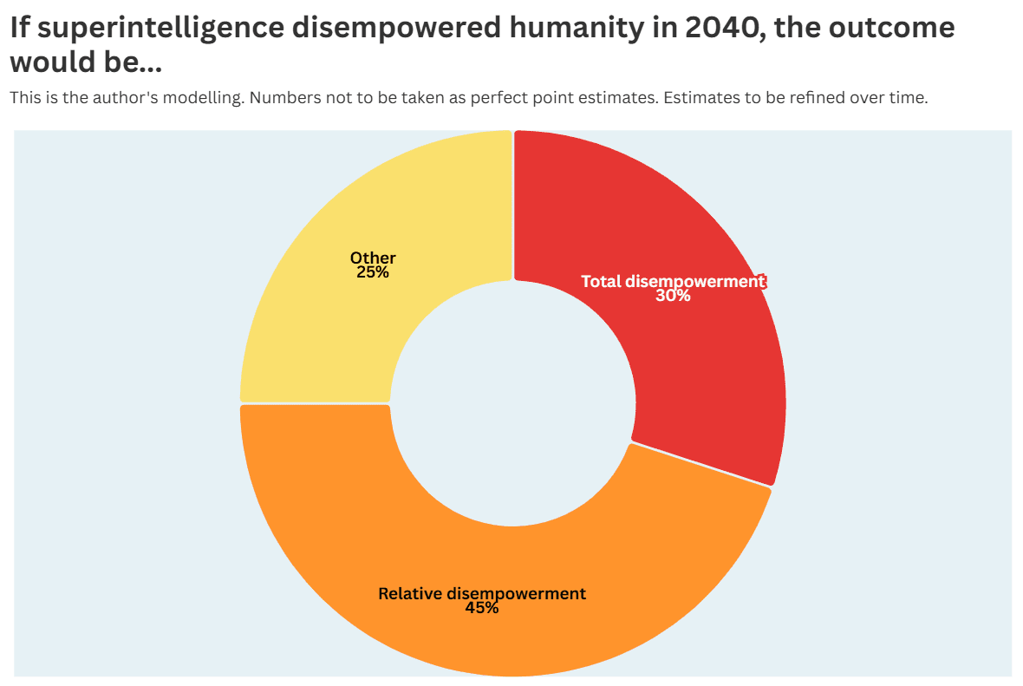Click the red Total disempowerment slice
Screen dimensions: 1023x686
705,365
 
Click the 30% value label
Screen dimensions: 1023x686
673,296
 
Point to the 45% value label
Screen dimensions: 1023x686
482,608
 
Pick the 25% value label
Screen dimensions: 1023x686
373,272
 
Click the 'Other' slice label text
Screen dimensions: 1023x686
373,258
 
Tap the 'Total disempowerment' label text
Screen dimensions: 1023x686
673,281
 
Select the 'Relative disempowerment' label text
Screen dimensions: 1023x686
482,593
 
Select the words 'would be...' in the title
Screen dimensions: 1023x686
86,62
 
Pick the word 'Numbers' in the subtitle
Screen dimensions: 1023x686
281,97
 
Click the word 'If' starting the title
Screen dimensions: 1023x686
20,28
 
